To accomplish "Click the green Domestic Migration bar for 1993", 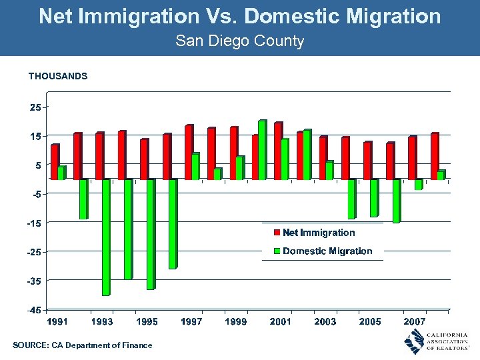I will (105, 237).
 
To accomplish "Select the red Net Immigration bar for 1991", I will (54, 162).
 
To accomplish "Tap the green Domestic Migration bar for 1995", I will (150, 234).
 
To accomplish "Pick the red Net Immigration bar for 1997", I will (188, 153).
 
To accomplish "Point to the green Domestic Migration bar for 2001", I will (285, 159).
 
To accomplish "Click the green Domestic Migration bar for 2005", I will (374, 198).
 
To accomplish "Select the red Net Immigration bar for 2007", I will (411, 158).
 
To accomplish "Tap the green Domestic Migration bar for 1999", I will (239, 168).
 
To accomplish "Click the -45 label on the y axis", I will (33, 310).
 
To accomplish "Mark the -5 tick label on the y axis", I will (33, 194).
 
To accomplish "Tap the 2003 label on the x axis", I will (325, 321).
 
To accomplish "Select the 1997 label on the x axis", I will (191, 321).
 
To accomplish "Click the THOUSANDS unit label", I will (58, 76).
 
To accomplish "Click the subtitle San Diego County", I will (239, 41).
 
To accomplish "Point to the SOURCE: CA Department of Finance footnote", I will (82, 345).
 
